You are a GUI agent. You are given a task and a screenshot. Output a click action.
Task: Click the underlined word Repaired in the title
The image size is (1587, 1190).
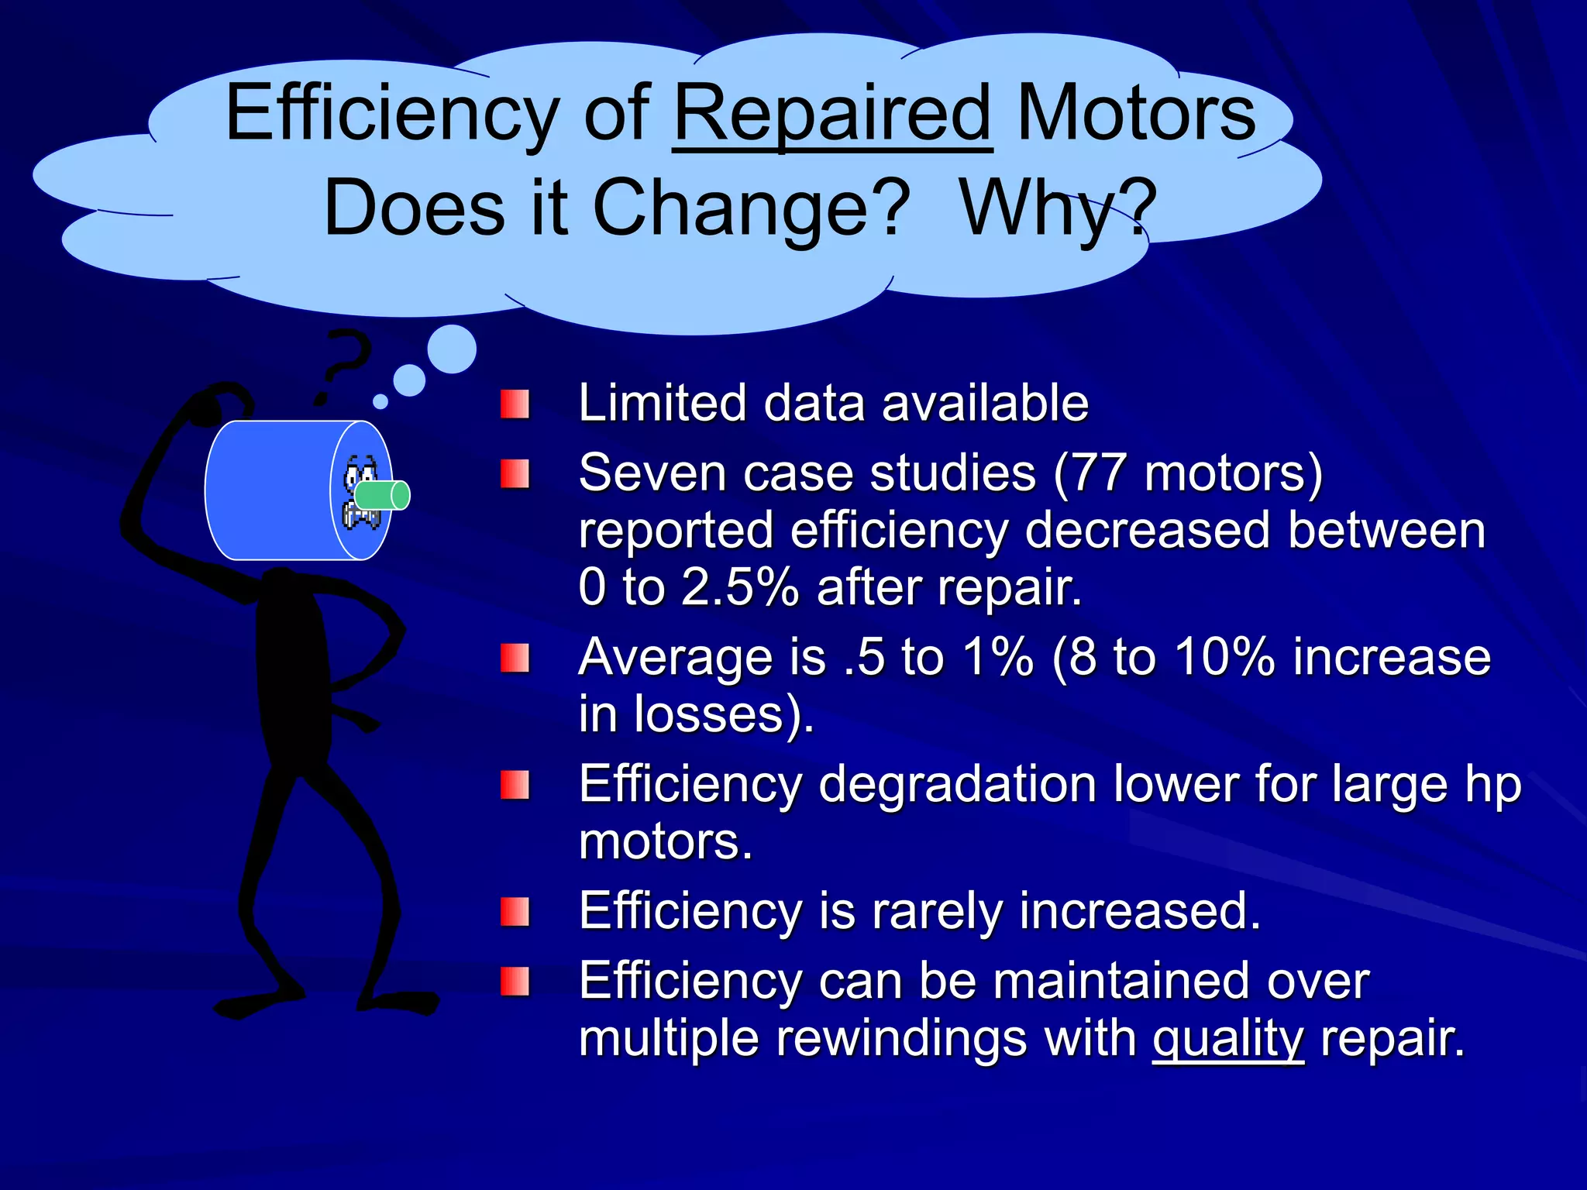(832, 115)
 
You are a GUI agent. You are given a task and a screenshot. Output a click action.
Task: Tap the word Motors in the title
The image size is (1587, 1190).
(1135, 115)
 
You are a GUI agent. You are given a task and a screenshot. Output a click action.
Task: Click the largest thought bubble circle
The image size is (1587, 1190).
(452, 349)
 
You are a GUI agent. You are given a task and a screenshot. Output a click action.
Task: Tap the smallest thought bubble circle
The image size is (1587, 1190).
(380, 401)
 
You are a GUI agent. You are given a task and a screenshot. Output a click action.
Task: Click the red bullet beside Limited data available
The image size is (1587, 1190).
(515, 404)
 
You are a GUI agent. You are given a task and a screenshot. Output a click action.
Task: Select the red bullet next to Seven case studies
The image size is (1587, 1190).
(515, 473)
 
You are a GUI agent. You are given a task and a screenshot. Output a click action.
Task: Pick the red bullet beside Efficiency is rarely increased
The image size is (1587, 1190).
(515, 912)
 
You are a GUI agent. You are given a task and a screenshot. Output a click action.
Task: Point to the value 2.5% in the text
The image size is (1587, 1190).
(739, 587)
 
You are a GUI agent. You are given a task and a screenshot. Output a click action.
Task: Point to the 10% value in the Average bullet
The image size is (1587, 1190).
(1224, 657)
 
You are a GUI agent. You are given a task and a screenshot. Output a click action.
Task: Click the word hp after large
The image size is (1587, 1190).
(1493, 786)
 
